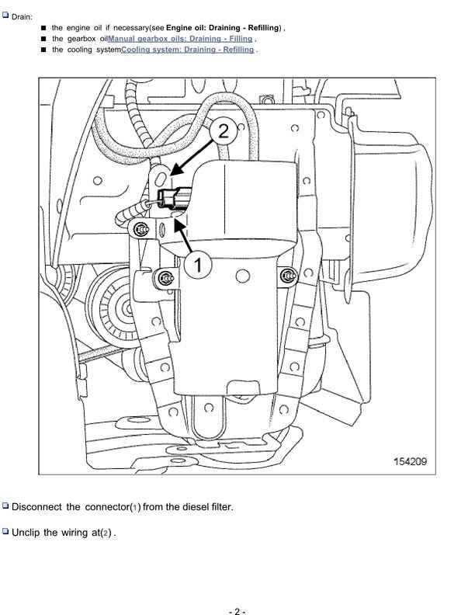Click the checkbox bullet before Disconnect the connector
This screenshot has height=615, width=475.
click(6, 506)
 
